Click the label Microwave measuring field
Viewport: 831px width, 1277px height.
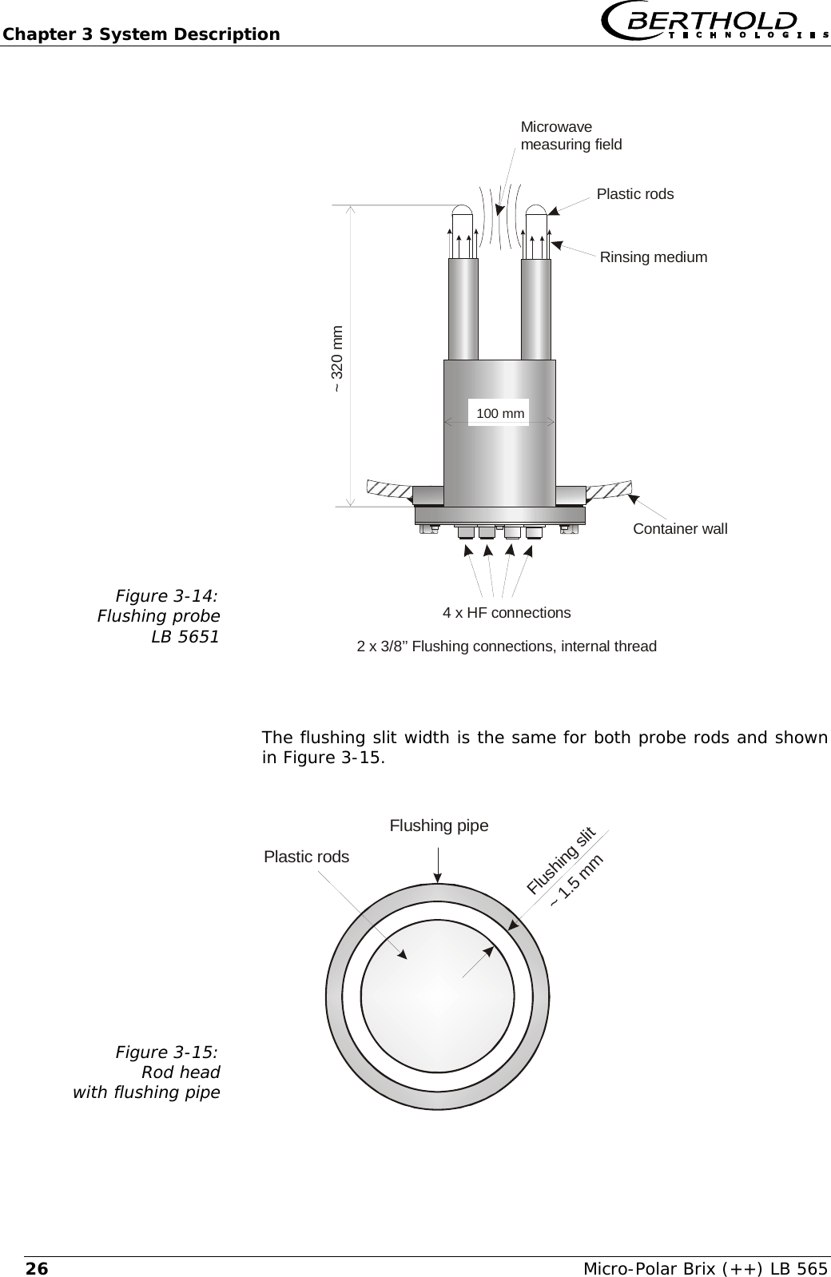[570, 136]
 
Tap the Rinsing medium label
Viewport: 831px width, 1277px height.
[653, 257]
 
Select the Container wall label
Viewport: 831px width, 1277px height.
[680, 529]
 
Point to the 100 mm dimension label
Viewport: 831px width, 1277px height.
[500, 413]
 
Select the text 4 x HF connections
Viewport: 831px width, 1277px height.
[507, 613]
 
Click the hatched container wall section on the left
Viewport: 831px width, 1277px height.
[388, 488]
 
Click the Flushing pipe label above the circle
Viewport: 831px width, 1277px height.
[439, 826]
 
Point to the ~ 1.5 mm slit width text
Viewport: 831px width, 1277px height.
[576, 880]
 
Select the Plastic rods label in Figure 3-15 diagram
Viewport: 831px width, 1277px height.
[306, 857]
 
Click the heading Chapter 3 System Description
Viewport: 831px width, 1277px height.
[141, 34]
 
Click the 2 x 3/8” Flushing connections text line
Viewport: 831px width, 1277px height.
[506, 646]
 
